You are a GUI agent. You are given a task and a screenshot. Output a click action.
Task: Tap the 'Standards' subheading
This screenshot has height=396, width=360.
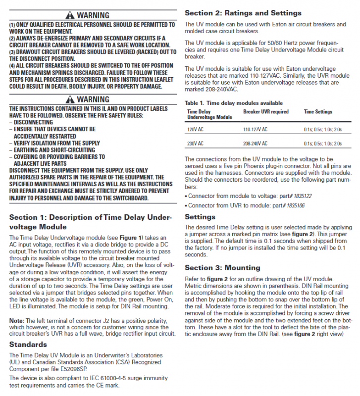(28, 344)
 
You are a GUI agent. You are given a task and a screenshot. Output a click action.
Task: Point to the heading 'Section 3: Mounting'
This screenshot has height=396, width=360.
(222, 268)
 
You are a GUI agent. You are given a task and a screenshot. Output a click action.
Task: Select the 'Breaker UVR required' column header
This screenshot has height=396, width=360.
(265, 112)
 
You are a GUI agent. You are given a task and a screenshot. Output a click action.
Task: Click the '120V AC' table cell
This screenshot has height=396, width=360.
(195, 129)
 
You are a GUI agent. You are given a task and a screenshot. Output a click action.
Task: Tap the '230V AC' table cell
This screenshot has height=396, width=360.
(195, 144)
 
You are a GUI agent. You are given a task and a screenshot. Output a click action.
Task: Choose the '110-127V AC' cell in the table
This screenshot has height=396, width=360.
(255, 129)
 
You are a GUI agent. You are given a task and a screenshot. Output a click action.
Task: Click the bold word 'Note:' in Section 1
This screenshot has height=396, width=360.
(18, 321)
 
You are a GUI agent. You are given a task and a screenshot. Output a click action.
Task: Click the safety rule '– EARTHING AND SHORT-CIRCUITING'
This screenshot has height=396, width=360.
(53, 150)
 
